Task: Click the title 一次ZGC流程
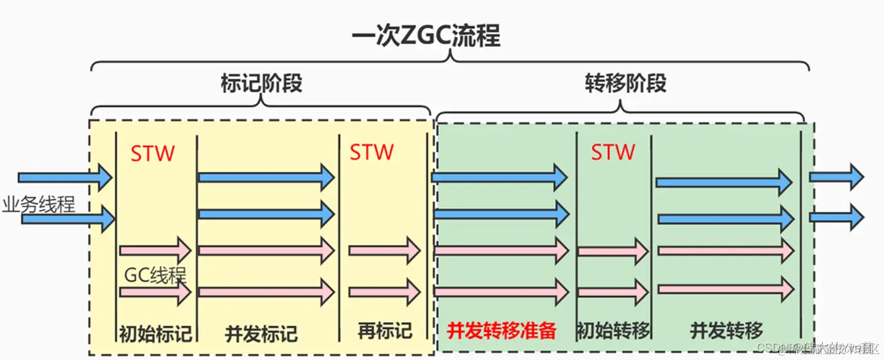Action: pyautogui.click(x=426, y=37)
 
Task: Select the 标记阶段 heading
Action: pyautogui.click(x=261, y=83)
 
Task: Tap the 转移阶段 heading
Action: pyautogui.click(x=625, y=83)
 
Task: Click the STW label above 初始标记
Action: pyautogui.click(x=153, y=153)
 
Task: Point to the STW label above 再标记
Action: pyautogui.click(x=372, y=152)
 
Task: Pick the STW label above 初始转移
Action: pyautogui.click(x=613, y=152)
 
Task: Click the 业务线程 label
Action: pyautogui.click(x=39, y=205)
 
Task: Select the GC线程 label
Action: pyautogui.click(x=155, y=277)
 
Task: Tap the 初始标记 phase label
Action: pyautogui.click(x=155, y=332)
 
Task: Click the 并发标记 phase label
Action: pyautogui.click(x=261, y=333)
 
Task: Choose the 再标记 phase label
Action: pyautogui.click(x=385, y=330)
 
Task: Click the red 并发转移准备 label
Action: pyautogui.click(x=501, y=330)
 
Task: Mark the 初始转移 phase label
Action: pyautogui.click(x=614, y=330)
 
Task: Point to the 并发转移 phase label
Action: pyautogui.click(x=726, y=330)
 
